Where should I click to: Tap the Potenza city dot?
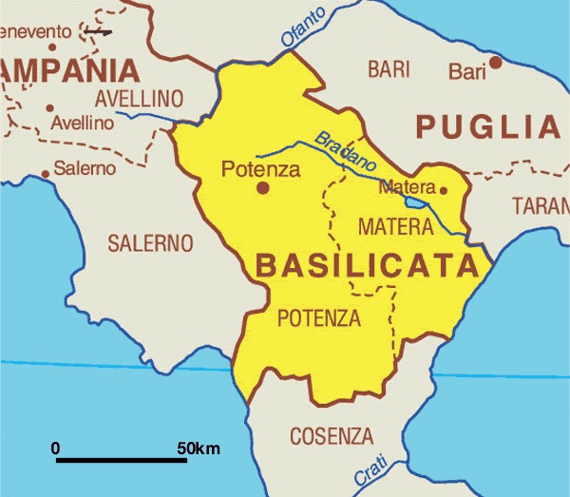point(262,188)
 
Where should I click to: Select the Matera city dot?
point(443,190)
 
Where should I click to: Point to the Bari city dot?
point(495,64)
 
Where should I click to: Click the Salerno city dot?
point(45,174)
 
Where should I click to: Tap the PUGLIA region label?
point(488,125)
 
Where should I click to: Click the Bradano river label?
point(347,151)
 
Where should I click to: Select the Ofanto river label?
point(303,26)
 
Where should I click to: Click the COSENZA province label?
point(332,437)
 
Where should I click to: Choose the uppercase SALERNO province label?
point(142,243)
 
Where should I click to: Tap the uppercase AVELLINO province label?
point(139,99)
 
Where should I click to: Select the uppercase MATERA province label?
point(395,227)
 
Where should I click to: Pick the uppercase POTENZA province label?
point(318,318)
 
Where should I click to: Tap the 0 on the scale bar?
point(55,448)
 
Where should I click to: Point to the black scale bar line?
point(121,461)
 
